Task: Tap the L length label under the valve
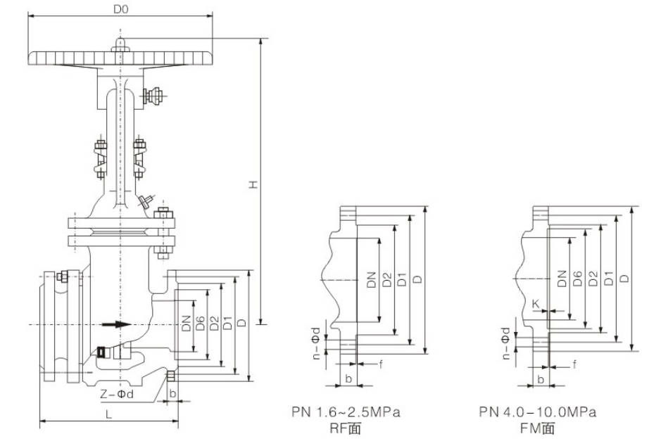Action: coord(108,414)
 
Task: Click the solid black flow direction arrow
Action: coord(116,324)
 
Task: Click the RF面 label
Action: coord(350,428)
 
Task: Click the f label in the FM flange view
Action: coord(574,364)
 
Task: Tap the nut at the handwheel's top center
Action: coord(120,46)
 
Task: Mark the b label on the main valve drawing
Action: coord(173,393)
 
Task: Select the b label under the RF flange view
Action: coord(348,378)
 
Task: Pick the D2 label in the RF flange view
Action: coord(386,280)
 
